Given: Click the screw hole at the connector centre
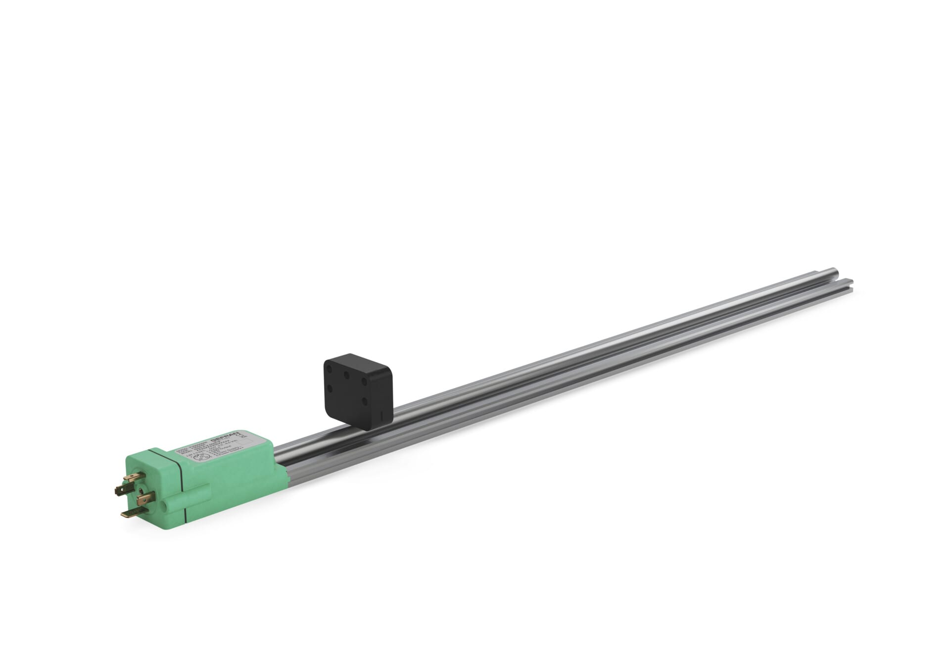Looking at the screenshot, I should click(x=141, y=491).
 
